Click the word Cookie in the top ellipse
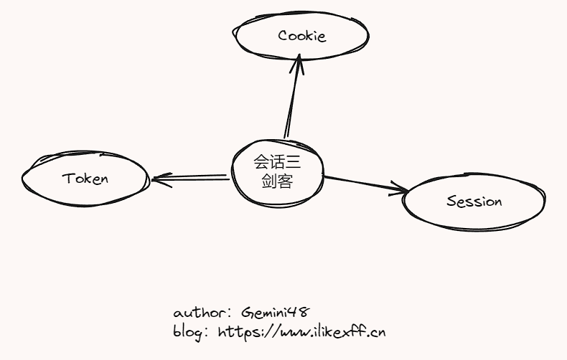tap(302, 35)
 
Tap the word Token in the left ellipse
tap(85, 179)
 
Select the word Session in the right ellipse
tap(474, 202)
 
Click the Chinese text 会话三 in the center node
tap(277, 164)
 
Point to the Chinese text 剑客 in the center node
tap(277, 181)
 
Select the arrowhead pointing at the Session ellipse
tap(399, 189)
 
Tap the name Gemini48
tap(275, 313)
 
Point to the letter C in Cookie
tap(283, 35)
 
